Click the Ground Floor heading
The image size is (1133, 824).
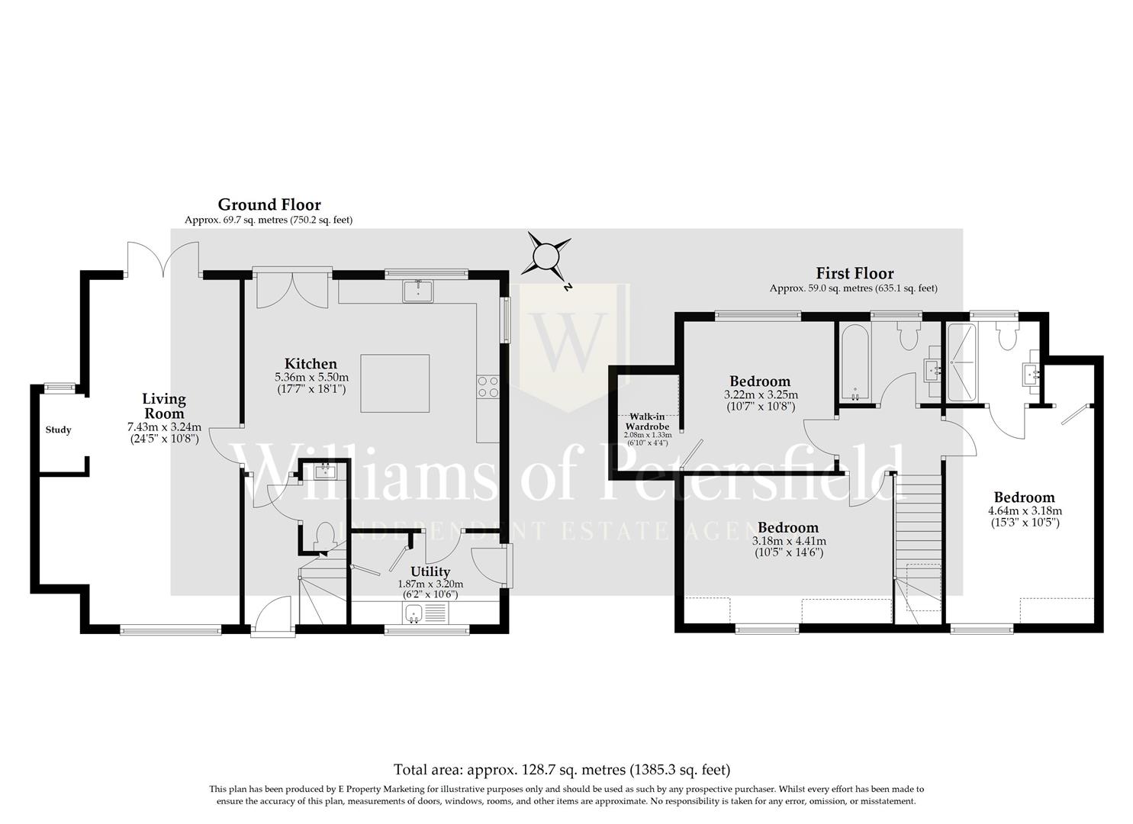(269, 205)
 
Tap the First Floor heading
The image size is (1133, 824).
(855, 274)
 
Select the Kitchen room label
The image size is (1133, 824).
(311, 364)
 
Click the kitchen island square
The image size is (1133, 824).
(395, 384)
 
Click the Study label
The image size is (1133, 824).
(58, 430)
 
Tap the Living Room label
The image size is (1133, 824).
(164, 406)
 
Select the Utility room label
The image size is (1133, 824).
(430, 571)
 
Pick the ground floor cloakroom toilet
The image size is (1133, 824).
(325, 536)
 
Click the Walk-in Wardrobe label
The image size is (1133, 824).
(648, 422)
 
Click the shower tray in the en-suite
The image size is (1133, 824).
(961, 362)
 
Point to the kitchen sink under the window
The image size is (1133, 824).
(418, 291)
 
